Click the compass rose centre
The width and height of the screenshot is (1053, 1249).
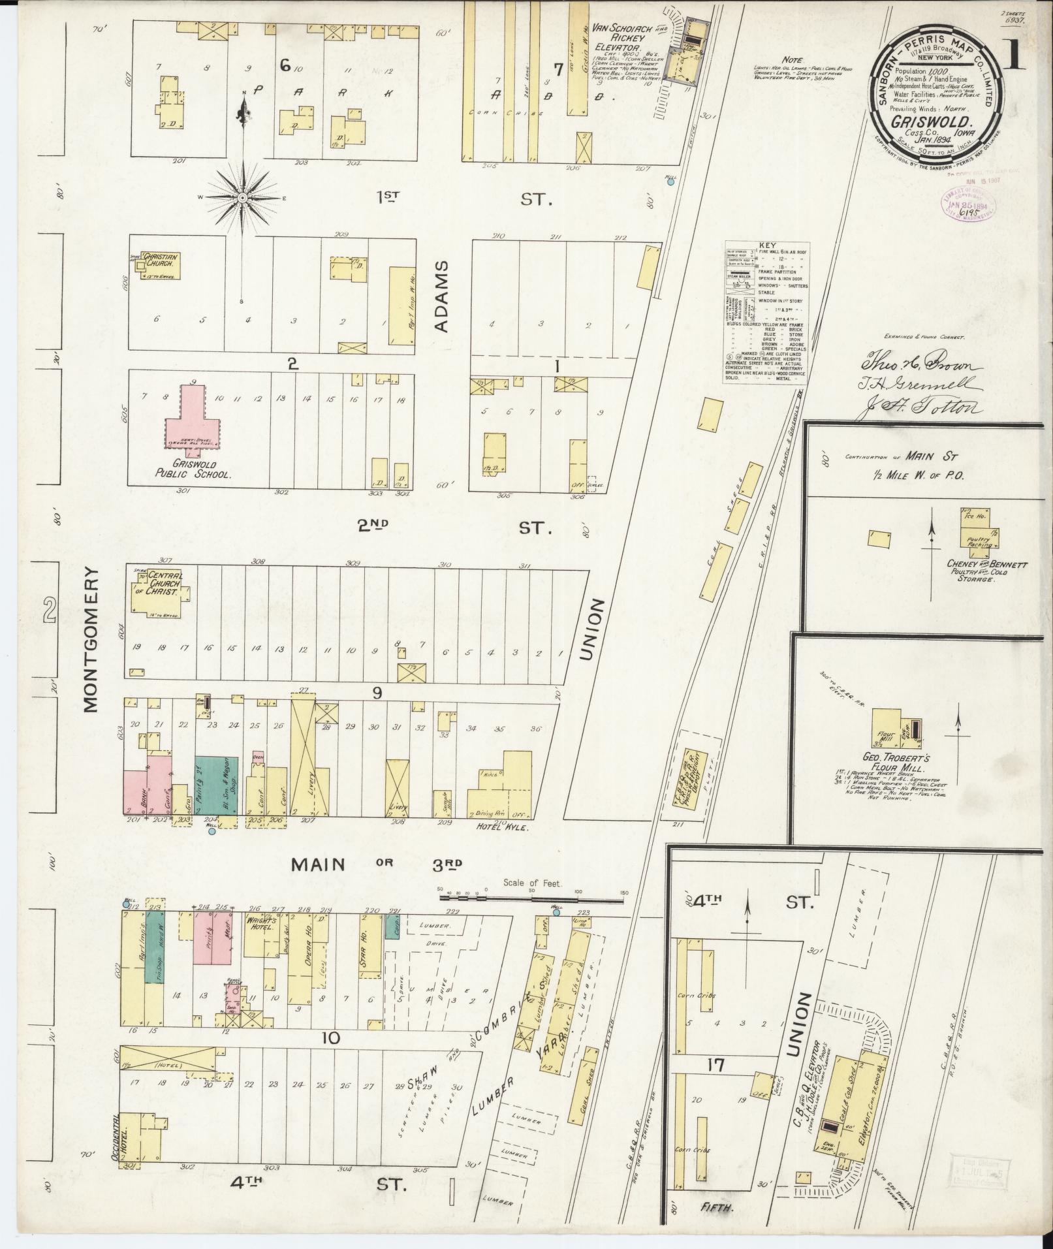[x=242, y=197]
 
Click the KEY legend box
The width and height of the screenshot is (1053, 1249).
[x=766, y=312]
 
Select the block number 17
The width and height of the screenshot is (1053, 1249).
[x=716, y=1065]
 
